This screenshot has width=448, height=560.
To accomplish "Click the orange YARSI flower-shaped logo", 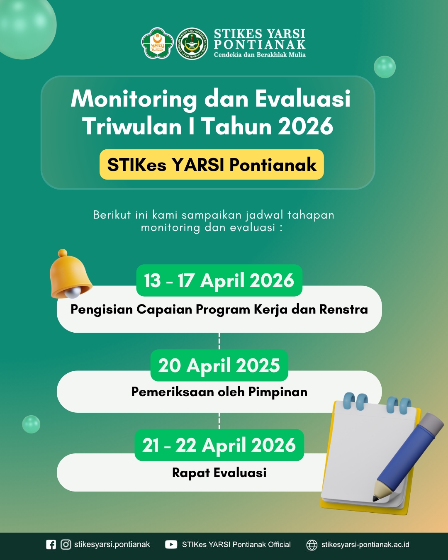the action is pyautogui.click(x=157, y=43).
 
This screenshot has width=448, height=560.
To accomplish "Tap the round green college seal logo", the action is pyautogui.click(x=192, y=44).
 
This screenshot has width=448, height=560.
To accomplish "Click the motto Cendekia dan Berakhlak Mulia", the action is pyautogui.click(x=260, y=55).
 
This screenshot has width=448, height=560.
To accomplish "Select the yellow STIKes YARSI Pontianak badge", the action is pyautogui.click(x=212, y=164).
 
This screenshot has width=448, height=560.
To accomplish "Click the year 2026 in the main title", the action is pyautogui.click(x=305, y=127).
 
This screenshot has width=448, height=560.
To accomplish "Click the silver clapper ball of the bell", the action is pyautogui.click(x=73, y=293).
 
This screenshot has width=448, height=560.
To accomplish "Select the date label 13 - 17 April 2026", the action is pyautogui.click(x=219, y=280).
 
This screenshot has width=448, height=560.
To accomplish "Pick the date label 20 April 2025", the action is pyautogui.click(x=219, y=365).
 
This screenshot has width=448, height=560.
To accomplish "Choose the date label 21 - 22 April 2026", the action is pyautogui.click(x=219, y=445).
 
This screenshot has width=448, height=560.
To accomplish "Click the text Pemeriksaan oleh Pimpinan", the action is pyautogui.click(x=219, y=392).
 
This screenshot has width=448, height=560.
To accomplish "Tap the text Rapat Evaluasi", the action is pyautogui.click(x=219, y=473).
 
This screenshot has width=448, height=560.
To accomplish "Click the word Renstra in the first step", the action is pyautogui.click(x=343, y=309).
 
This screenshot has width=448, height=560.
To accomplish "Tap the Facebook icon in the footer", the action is pyautogui.click(x=51, y=545).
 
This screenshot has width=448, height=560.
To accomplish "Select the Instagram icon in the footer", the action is pyautogui.click(x=66, y=545).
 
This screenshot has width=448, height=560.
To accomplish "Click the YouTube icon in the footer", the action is pyautogui.click(x=171, y=545).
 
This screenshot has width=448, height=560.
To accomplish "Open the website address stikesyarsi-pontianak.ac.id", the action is pyautogui.click(x=365, y=545).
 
